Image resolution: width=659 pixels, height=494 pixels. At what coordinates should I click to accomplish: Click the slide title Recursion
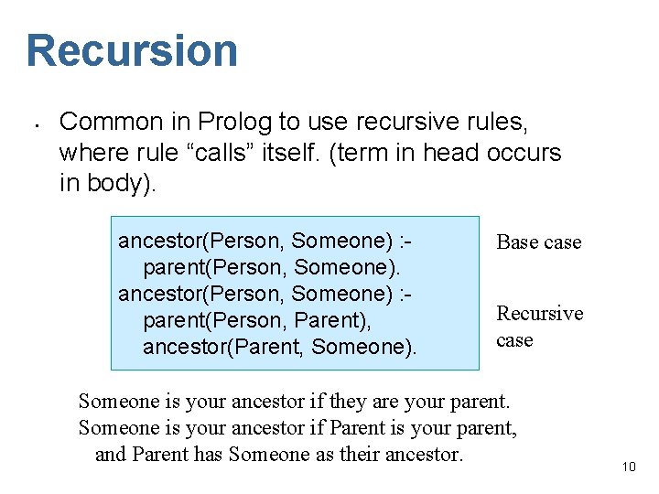pyautogui.click(x=132, y=50)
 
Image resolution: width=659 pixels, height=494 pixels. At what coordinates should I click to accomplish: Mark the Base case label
pyautogui.click(x=539, y=242)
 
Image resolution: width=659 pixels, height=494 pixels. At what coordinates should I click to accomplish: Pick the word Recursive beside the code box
pyautogui.click(x=539, y=314)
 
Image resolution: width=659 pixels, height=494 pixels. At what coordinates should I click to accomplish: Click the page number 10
pyautogui.click(x=628, y=467)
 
